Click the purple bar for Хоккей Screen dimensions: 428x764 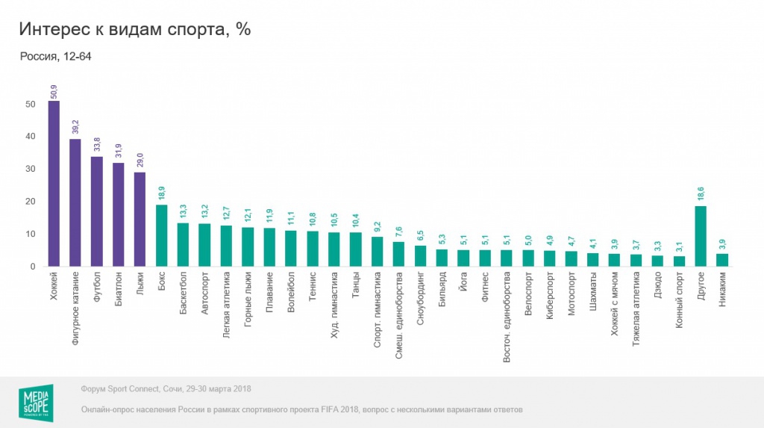pos(54,184)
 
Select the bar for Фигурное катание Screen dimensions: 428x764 pos(75,202)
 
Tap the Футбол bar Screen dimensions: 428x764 pos(97,211)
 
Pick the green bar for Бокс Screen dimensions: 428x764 pos(161,235)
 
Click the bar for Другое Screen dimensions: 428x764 pos(701,236)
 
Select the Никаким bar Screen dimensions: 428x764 pos(722,260)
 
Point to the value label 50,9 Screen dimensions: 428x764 pos(54,91)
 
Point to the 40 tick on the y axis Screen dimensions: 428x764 pos(31,137)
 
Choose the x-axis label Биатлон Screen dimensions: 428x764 pos(118,294)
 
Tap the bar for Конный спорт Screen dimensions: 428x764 pos(679,261)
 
